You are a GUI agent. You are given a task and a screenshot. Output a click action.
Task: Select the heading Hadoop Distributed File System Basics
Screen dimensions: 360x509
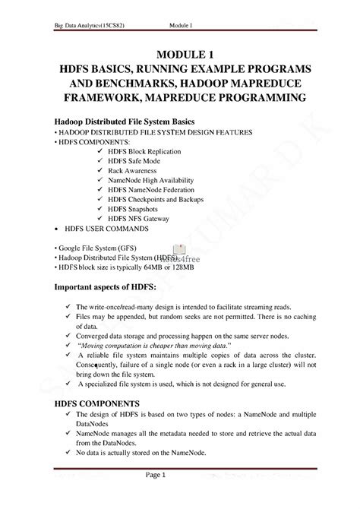click(x=124, y=121)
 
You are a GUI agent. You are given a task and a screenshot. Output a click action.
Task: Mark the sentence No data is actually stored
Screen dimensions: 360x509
click(x=147, y=453)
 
